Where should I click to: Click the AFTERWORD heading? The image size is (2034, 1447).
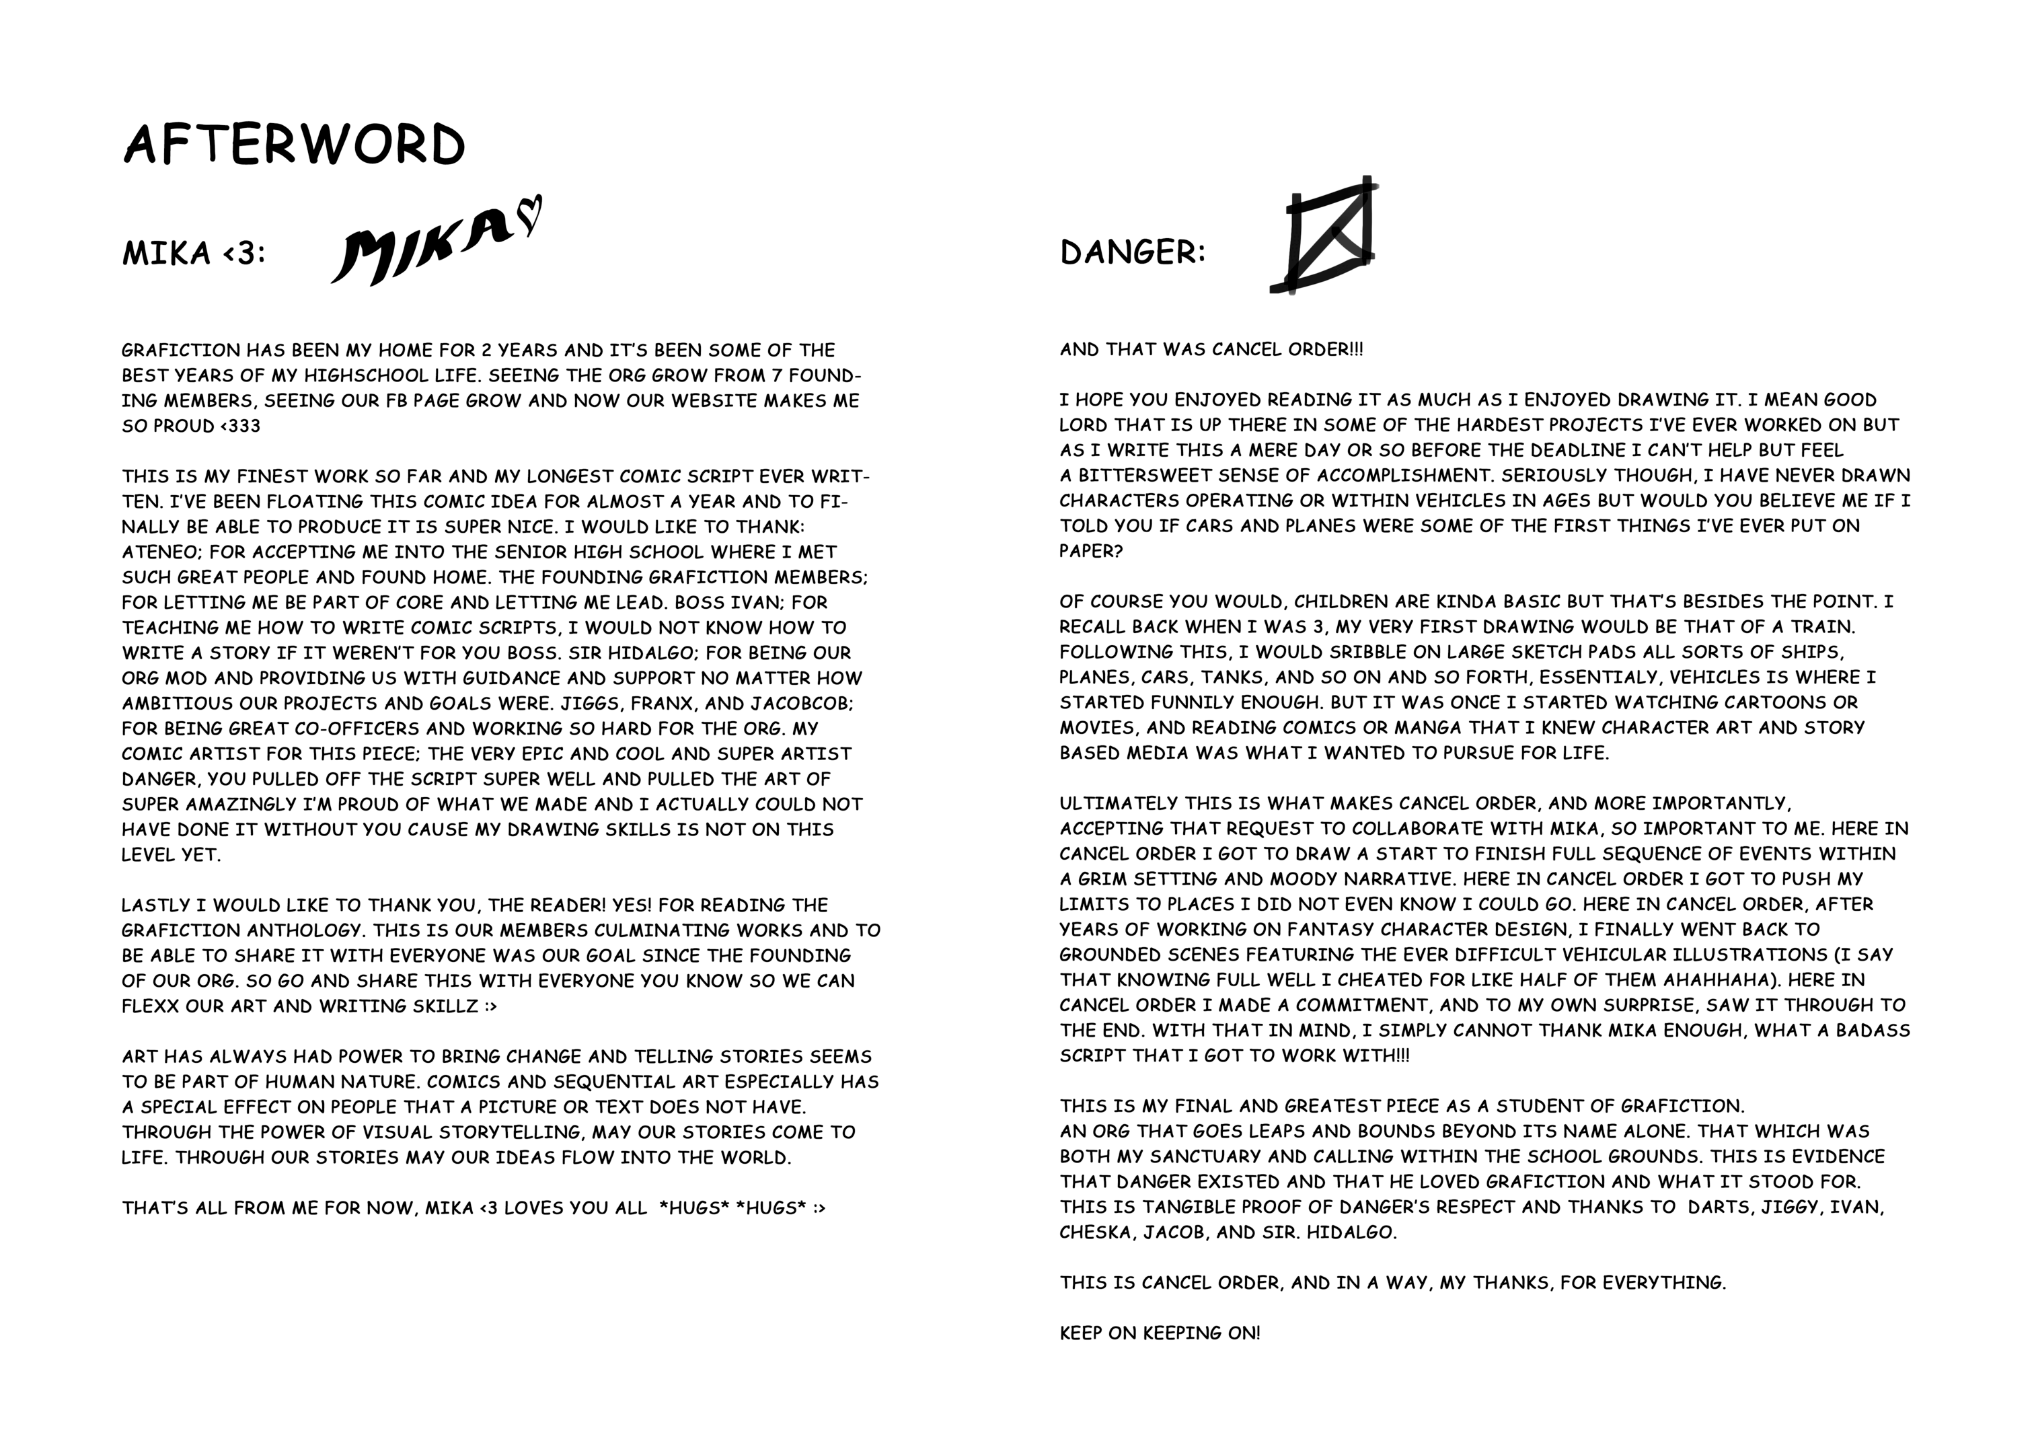tap(294, 145)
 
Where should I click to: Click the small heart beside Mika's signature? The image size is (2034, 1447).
tap(529, 217)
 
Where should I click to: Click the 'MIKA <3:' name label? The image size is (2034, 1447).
tap(193, 254)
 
